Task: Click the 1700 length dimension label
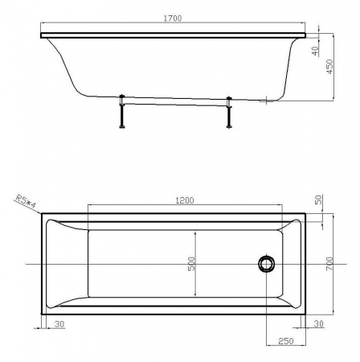(173, 19)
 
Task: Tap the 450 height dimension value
(329, 67)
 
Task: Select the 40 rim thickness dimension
(316, 51)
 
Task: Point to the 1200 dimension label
(185, 200)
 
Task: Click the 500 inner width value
(191, 264)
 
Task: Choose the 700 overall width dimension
(329, 264)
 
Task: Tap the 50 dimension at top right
(319, 200)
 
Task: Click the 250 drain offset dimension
(286, 341)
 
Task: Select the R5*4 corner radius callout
(26, 202)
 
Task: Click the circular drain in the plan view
(267, 264)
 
